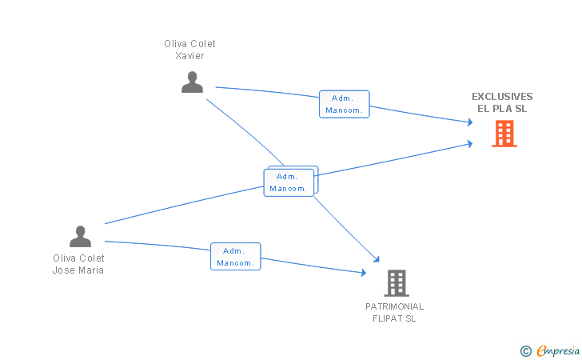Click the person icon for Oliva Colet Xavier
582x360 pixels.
192,82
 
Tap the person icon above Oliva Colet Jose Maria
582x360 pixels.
80,236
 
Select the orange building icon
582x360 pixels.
504,134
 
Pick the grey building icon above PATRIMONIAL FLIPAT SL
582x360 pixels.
397,283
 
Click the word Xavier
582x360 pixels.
189,56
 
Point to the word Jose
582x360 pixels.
64,270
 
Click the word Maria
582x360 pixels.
90,270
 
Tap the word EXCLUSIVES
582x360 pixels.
502,97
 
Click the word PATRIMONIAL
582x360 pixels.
395,306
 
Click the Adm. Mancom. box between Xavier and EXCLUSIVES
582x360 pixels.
345,104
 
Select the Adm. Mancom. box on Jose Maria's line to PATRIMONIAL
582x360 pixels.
236,256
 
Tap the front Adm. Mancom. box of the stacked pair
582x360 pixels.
289,182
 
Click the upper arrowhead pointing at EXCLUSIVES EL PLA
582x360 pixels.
470,122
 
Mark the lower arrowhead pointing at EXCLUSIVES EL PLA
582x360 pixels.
470,144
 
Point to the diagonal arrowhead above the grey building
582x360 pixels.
377,259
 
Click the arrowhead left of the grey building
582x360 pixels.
364,273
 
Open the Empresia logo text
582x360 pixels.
558,350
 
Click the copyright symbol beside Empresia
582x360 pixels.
526,351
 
